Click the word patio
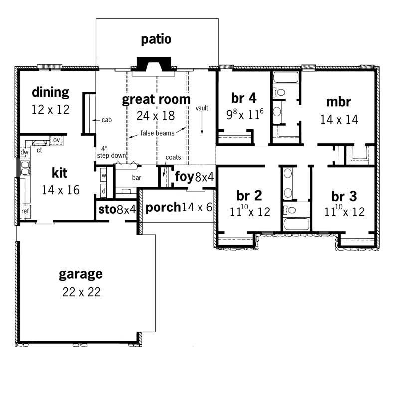click(156, 39)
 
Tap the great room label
click(156, 99)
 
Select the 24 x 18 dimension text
click(156, 116)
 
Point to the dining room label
click(50, 92)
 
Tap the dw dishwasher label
click(24, 152)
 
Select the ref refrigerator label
click(25, 211)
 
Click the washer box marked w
click(104, 176)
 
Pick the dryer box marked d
click(104, 190)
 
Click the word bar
click(136, 177)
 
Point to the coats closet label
click(173, 158)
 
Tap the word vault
click(201, 108)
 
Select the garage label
click(81, 274)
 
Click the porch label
click(163, 207)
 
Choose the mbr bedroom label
click(338, 102)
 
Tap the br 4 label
click(244, 97)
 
